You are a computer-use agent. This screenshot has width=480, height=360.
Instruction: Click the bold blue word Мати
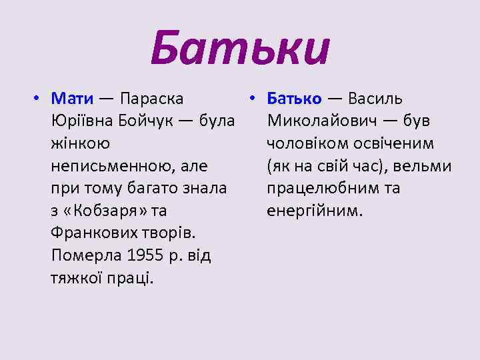[x=72, y=99]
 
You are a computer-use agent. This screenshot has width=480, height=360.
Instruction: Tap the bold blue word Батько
[x=294, y=99]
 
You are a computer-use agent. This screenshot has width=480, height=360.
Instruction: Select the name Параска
[x=152, y=99]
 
